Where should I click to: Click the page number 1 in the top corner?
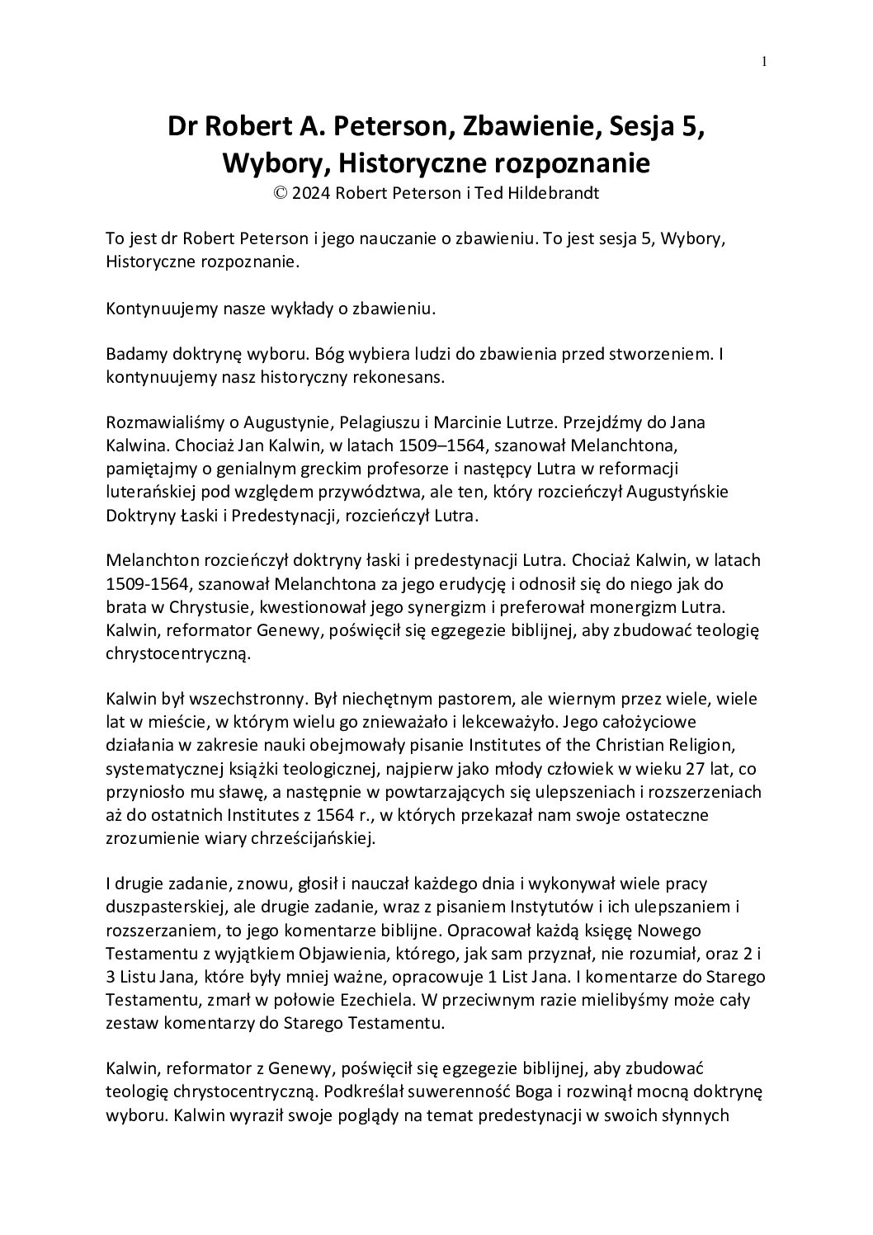(x=765, y=59)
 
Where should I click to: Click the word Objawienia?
(x=314, y=953)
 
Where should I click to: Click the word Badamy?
(x=134, y=354)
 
